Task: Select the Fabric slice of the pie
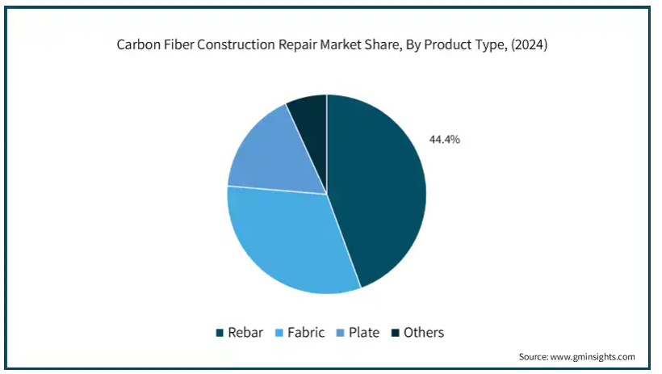pos(287,241)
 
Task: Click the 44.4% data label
pos(445,140)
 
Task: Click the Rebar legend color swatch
pos(220,333)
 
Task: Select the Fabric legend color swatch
pos(279,333)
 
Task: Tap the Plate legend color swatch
pos(341,333)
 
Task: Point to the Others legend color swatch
pos(395,333)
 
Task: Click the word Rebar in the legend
pos(245,333)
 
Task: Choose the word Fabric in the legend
pos(306,333)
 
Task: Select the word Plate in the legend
pos(364,333)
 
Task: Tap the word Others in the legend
pos(424,333)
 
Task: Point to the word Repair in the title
pos(297,44)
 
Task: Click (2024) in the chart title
pos(529,44)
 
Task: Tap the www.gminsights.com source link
pos(593,357)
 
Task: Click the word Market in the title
pos(339,44)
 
